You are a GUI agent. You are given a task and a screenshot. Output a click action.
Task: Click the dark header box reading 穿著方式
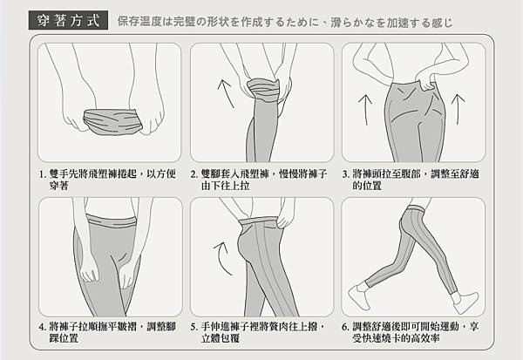pyautogui.click(x=68, y=20)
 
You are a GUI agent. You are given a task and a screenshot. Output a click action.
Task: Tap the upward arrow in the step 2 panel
pyautogui.click(x=225, y=93)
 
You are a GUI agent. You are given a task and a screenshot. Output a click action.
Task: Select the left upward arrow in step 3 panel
pyautogui.click(x=365, y=110)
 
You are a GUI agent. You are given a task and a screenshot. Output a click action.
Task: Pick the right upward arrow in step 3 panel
pyautogui.click(x=458, y=109)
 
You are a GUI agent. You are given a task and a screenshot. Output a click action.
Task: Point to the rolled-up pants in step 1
pyautogui.click(x=112, y=122)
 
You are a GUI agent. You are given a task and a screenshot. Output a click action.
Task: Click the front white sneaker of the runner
pyautogui.click(x=466, y=302)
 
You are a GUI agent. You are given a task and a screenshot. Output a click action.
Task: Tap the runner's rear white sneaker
pyautogui.click(x=358, y=296)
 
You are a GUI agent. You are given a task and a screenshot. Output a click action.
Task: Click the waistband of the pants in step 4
pyautogui.click(x=112, y=221)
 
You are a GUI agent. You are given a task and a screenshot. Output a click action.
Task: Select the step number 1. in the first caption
pyautogui.click(x=42, y=174)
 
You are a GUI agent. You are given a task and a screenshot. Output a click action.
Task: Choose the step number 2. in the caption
pyautogui.click(x=194, y=174)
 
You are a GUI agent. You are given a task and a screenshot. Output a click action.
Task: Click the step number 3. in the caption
pyautogui.click(x=346, y=174)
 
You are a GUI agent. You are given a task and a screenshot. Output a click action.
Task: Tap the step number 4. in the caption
pyautogui.click(x=43, y=327)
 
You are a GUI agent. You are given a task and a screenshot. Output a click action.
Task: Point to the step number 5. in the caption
pyautogui.click(x=194, y=327)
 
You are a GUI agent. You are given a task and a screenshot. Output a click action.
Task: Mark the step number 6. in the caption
pyautogui.click(x=346, y=327)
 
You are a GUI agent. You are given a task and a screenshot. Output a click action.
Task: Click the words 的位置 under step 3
pyautogui.click(x=367, y=186)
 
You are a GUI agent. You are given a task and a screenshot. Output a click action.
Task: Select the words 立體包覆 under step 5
pyautogui.click(x=221, y=338)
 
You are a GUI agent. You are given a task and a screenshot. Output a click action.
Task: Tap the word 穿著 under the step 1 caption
pyautogui.click(x=58, y=186)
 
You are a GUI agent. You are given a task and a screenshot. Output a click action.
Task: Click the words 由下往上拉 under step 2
pyautogui.click(x=225, y=186)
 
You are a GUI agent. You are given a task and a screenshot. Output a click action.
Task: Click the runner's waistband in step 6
pyautogui.click(x=415, y=210)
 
